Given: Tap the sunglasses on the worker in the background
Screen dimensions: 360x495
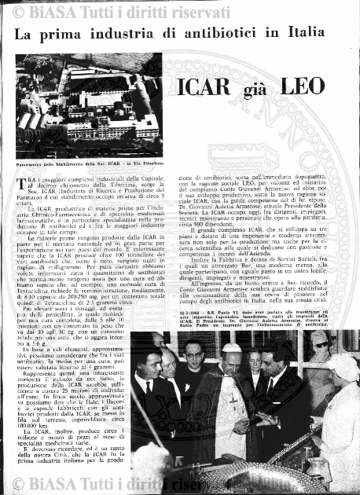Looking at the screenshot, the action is [x=321, y=343].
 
